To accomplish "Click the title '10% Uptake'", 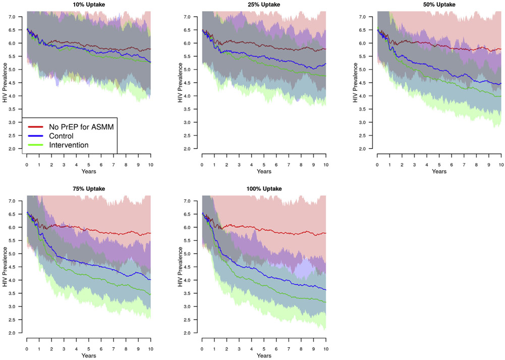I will point(89,5).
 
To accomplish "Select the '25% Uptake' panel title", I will point(264,5).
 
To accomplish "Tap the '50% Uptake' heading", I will point(439,5).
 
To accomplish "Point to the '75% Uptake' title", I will point(89,188).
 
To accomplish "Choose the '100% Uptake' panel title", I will point(264,188).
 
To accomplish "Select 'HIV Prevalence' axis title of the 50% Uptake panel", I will point(355,83).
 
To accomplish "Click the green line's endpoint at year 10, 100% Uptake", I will point(326,302).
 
